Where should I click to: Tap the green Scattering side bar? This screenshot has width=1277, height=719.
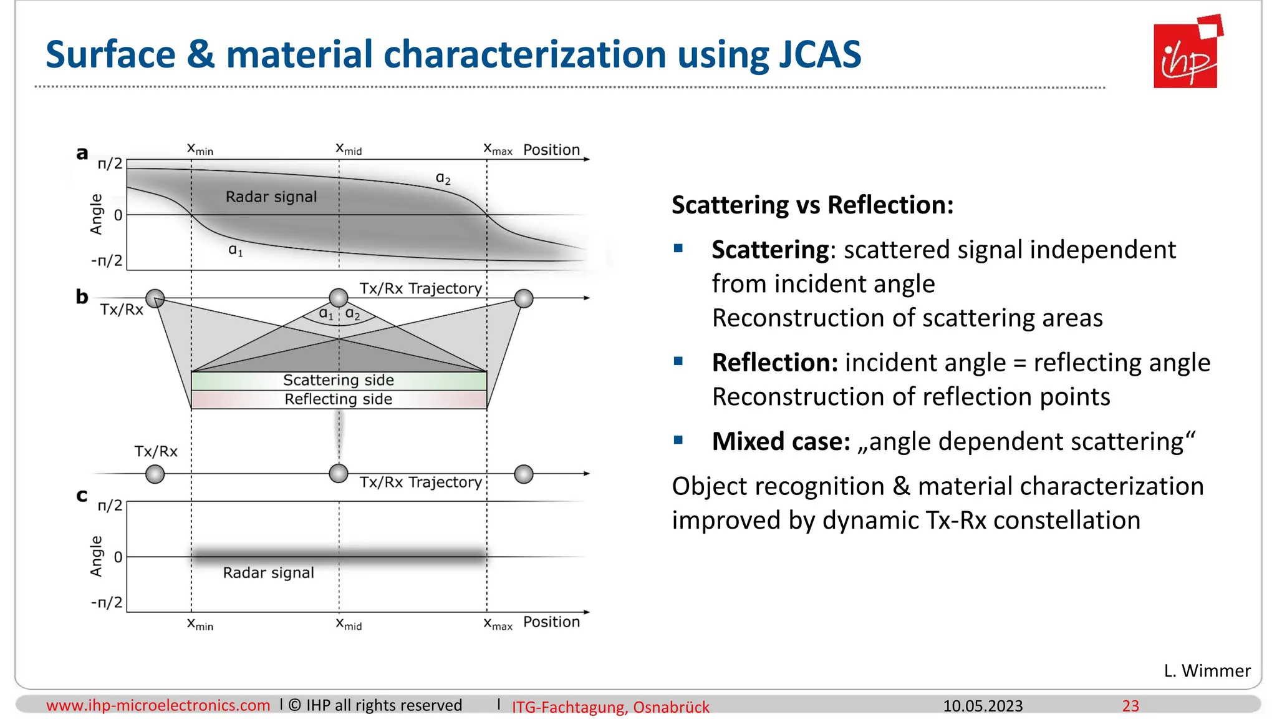[x=339, y=380]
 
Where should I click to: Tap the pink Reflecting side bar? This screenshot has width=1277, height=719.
[x=339, y=399]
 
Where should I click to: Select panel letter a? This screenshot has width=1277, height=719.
[x=82, y=153]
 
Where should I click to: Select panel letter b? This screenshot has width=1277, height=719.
[x=82, y=296]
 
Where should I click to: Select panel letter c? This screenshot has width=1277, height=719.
[x=82, y=496]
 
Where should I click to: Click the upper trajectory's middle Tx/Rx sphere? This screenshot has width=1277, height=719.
[x=339, y=298]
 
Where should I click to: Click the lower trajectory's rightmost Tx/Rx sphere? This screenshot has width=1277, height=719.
[x=524, y=474]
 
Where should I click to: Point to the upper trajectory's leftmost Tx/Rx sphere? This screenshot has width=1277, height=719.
[x=155, y=298]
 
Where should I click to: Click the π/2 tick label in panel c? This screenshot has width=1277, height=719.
[x=110, y=505]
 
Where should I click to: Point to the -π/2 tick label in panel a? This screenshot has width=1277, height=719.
[x=107, y=260]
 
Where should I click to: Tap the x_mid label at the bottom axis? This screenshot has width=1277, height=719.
[x=349, y=624]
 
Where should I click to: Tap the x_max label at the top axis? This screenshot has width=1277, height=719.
[x=498, y=149]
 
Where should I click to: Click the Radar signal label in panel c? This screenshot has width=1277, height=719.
[x=269, y=573]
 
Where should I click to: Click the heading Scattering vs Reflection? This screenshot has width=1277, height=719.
[x=812, y=205]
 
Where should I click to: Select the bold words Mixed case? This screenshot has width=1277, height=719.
[x=781, y=441]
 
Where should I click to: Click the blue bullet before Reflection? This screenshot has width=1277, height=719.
[x=678, y=361]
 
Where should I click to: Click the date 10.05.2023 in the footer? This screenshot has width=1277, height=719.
[x=983, y=706]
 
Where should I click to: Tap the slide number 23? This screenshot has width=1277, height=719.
[x=1130, y=706]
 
